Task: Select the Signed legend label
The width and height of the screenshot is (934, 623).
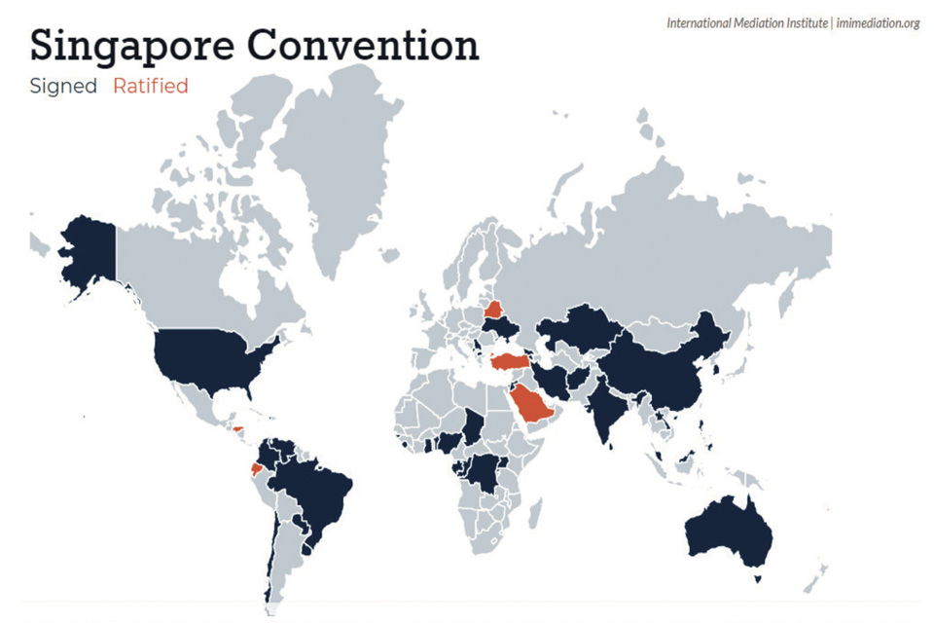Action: [63, 86]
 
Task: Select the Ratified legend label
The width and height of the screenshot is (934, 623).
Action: [150, 86]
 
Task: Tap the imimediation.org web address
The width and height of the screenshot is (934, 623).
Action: [876, 22]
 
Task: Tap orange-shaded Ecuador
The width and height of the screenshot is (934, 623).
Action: [256, 468]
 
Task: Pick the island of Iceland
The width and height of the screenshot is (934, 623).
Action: [389, 255]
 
